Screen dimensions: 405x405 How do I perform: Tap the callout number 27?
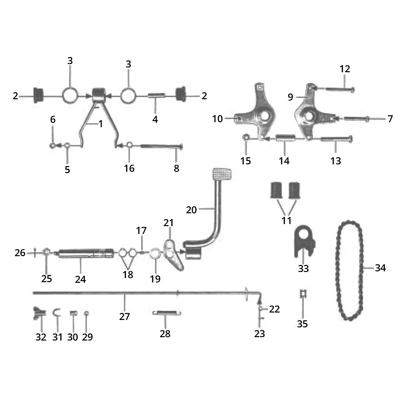coord(125,317)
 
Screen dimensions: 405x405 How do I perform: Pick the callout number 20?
coord(191,210)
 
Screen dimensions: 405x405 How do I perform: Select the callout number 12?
coord(345,69)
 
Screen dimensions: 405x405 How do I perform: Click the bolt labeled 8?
coord(162,146)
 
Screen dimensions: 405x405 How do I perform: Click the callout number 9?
coord(291,97)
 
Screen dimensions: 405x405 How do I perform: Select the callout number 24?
coord(81,279)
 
